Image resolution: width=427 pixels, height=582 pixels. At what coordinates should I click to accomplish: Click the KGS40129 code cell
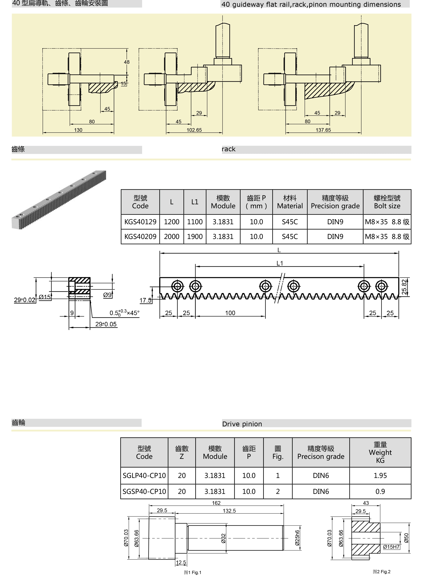tap(140, 222)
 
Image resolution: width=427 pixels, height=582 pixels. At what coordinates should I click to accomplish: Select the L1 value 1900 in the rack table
tap(195, 237)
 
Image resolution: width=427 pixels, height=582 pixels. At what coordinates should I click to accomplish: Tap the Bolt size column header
tap(387, 202)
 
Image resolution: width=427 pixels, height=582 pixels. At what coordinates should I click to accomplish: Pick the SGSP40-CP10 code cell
tap(144, 492)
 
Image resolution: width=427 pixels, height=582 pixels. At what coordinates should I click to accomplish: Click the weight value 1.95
tap(380, 476)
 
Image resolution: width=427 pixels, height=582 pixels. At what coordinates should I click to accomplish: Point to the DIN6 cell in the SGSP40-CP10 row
tap(321, 492)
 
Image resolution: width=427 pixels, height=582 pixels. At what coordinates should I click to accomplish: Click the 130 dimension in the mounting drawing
tap(78, 130)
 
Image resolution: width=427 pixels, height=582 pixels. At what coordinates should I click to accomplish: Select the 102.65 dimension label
tap(194, 130)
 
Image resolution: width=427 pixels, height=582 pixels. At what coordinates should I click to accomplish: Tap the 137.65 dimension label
tap(323, 130)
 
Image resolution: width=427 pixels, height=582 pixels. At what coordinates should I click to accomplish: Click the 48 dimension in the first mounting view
tap(127, 62)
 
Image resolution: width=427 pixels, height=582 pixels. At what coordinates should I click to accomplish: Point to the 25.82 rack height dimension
tap(404, 287)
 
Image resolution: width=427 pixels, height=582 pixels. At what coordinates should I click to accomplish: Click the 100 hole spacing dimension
tap(230, 313)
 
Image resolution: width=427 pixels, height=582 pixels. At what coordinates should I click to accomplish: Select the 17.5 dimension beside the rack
tap(145, 300)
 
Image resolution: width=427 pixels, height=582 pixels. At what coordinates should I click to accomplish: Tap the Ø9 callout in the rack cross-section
tap(107, 295)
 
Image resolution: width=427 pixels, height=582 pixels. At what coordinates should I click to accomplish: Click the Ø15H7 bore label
tap(391, 547)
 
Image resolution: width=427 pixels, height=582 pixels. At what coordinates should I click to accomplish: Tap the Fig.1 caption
tap(192, 572)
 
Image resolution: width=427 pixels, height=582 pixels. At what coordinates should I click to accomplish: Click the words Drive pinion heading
tap(242, 424)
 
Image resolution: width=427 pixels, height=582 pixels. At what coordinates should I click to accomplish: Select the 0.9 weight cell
tap(380, 492)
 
